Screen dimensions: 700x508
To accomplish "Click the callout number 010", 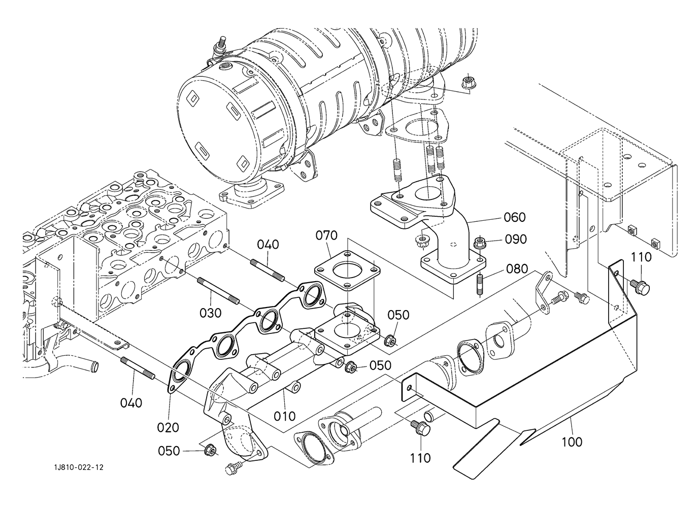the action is (284, 416).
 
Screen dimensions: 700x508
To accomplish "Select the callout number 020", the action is (168, 427).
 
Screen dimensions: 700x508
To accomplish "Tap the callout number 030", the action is (210, 313).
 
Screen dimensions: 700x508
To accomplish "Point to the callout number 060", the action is (514, 217).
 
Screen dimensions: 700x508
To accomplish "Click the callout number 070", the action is (326, 235).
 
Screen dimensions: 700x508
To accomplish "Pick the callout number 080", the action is (517, 268).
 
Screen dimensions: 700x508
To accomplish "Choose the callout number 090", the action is (516, 240).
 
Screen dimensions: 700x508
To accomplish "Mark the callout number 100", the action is (572, 442).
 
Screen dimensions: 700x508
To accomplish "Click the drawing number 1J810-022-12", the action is (79, 468).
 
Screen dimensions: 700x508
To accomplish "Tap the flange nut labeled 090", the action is (479, 243).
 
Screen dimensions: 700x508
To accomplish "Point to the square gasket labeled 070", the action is (347, 270).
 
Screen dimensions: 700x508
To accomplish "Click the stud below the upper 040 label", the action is (268, 270).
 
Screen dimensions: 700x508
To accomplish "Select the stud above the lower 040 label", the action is (138, 368).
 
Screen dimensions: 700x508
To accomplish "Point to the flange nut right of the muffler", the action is (467, 82).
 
